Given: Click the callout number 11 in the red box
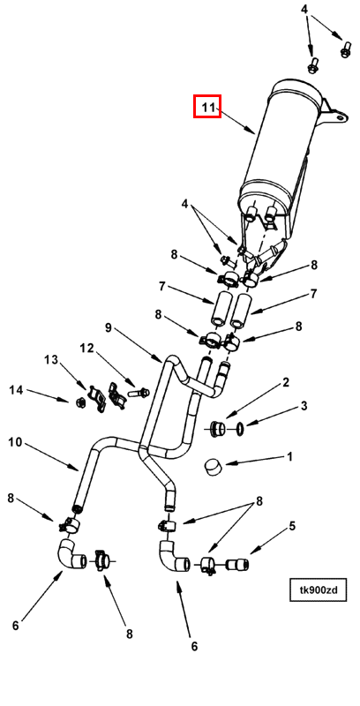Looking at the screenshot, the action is (206, 107).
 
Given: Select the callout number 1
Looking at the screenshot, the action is (289, 456).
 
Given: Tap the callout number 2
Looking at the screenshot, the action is (285, 383).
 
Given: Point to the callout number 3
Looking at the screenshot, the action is (304, 406).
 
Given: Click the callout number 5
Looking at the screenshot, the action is (292, 525).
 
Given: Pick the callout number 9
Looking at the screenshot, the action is (108, 327).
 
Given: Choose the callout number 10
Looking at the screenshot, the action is (15, 442).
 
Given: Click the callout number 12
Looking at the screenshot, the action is (86, 348).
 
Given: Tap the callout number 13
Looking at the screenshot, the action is (51, 360).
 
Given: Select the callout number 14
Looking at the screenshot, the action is (16, 390).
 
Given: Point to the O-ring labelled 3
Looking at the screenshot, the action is (241, 429).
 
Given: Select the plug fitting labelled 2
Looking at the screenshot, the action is (219, 429).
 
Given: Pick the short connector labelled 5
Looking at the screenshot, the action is (237, 564).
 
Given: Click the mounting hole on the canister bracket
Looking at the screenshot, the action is (341, 117).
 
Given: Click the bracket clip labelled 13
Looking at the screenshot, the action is (97, 396).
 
